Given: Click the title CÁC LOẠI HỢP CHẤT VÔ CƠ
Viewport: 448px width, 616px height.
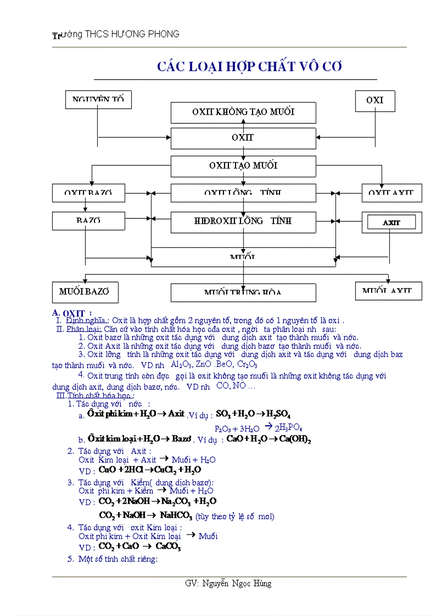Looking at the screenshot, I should [x=249, y=66].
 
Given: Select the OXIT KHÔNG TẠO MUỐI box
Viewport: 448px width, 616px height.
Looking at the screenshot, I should [x=243, y=112].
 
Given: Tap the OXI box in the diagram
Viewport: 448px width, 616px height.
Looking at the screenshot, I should [x=375, y=101].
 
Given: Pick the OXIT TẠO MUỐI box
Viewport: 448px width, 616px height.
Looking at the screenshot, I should [x=243, y=166].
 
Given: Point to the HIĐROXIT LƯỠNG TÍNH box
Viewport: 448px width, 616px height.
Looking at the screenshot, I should [x=243, y=221].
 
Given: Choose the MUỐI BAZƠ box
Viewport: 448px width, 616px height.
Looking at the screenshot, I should [x=85, y=292].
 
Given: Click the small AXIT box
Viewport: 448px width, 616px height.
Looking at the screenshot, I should [x=391, y=223].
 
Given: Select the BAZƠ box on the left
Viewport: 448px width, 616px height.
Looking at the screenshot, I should [x=85, y=221].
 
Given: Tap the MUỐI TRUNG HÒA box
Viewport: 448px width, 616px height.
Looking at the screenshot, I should [x=243, y=292].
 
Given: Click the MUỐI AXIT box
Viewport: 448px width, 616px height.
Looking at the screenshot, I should [x=388, y=291].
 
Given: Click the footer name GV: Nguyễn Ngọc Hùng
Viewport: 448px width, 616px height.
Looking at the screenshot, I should [x=228, y=584].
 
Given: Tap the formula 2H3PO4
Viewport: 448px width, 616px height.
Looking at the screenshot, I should [x=288, y=428].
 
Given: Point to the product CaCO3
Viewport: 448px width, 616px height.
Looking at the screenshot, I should [x=168, y=546].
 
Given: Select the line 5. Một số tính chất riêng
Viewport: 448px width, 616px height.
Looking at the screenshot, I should [x=113, y=560].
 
